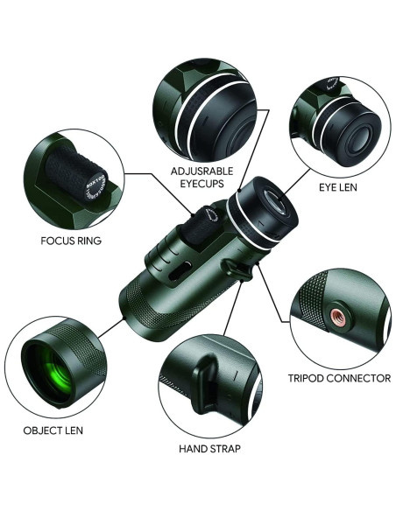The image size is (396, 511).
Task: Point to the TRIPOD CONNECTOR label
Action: [x=339, y=379]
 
